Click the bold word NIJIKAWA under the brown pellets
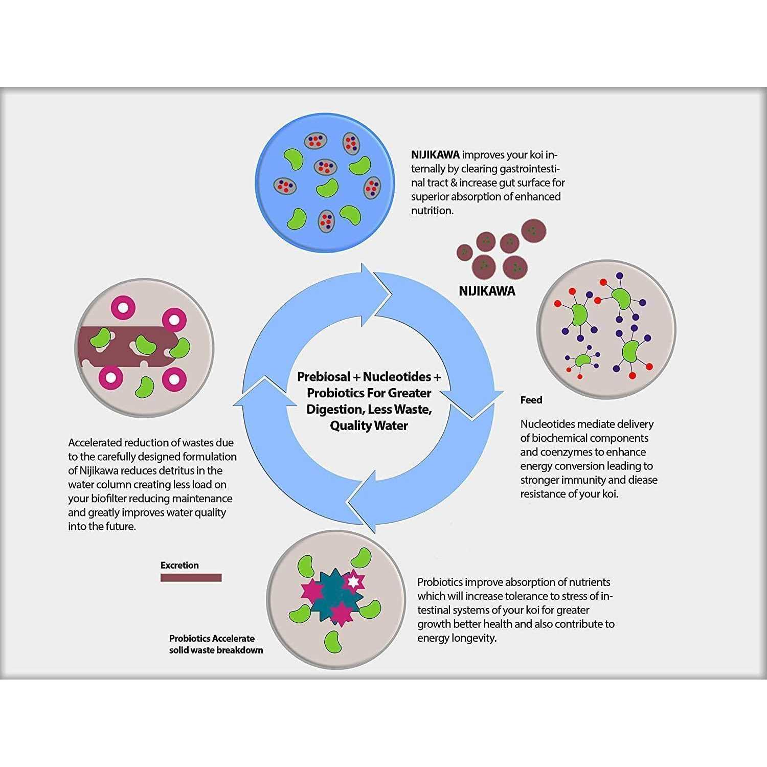pyautogui.click(x=487, y=291)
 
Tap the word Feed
pyautogui.click(x=531, y=400)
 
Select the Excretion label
pyautogui.click(x=179, y=565)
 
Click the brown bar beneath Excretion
pyautogui.click(x=191, y=578)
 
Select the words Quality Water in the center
pyautogui.click(x=369, y=425)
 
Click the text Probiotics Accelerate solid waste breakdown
pyautogui.click(x=216, y=644)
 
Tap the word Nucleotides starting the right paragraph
pyautogui.click(x=548, y=424)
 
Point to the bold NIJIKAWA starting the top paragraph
pyautogui.click(x=435, y=155)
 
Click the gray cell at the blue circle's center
pyautogui.click(x=326, y=167)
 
